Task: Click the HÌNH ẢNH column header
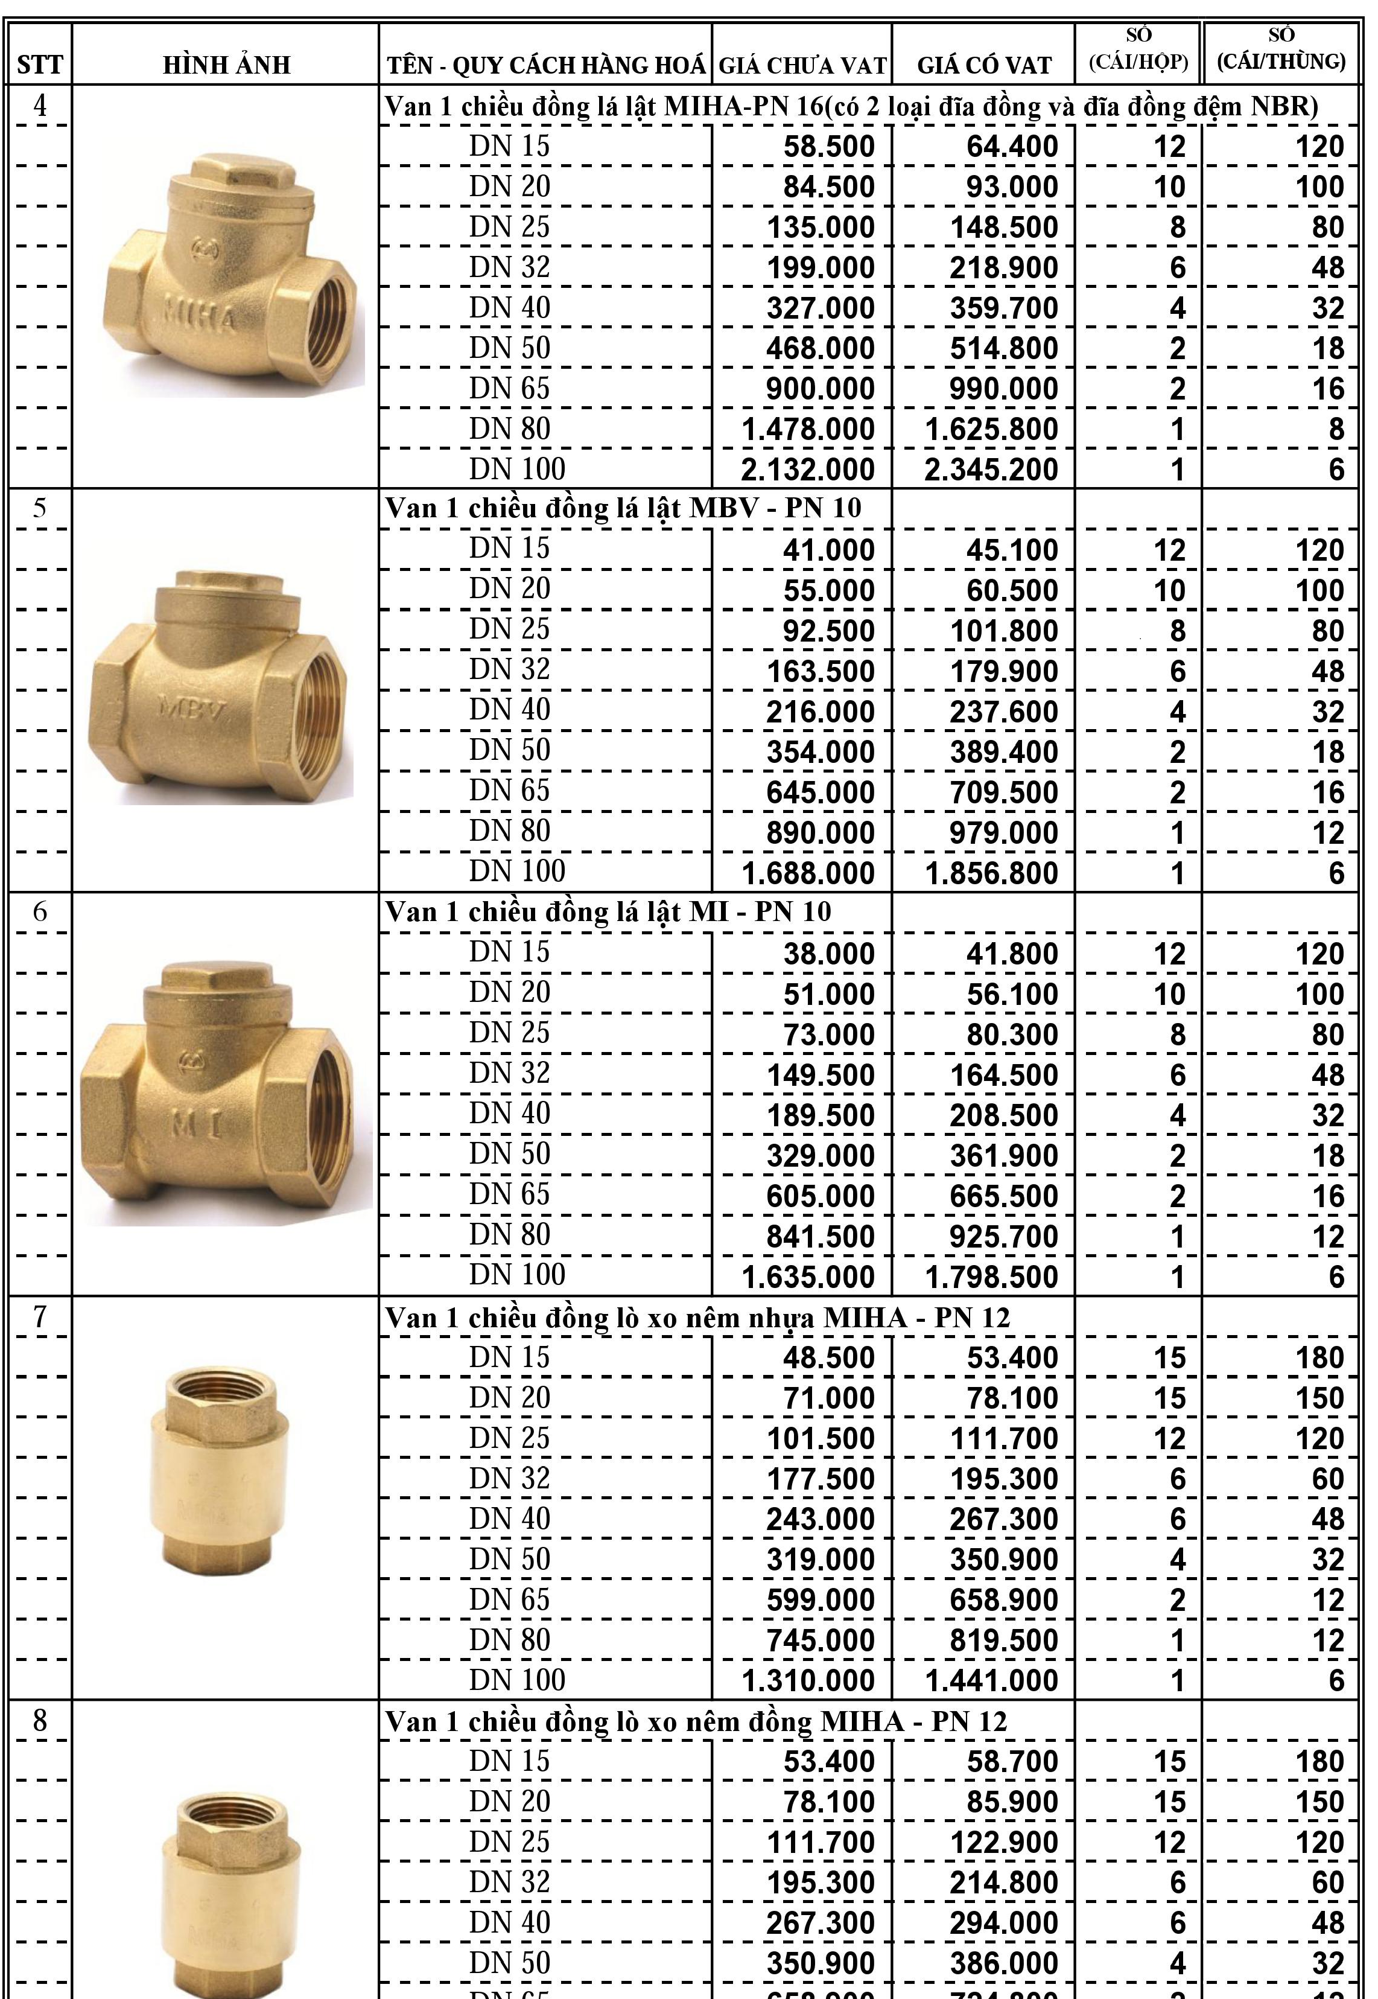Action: point(226,65)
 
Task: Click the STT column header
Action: point(39,65)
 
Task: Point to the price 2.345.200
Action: point(991,470)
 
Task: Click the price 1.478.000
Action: point(808,429)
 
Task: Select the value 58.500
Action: point(829,147)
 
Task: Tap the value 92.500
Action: point(829,631)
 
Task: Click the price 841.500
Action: point(821,1237)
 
